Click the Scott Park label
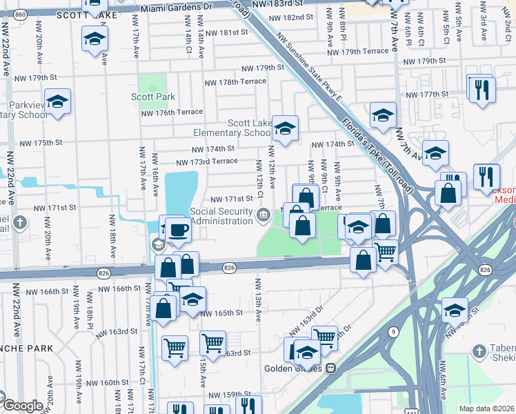click(x=153, y=97)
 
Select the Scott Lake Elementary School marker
click(x=284, y=128)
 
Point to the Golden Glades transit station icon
click(x=331, y=368)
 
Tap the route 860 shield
click(x=21, y=14)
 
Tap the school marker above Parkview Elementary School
click(x=58, y=101)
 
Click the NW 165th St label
click(x=221, y=313)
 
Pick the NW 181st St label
click(x=224, y=32)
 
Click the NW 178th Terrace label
click(x=235, y=81)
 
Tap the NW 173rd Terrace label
click(x=207, y=162)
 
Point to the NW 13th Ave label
click(x=259, y=299)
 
